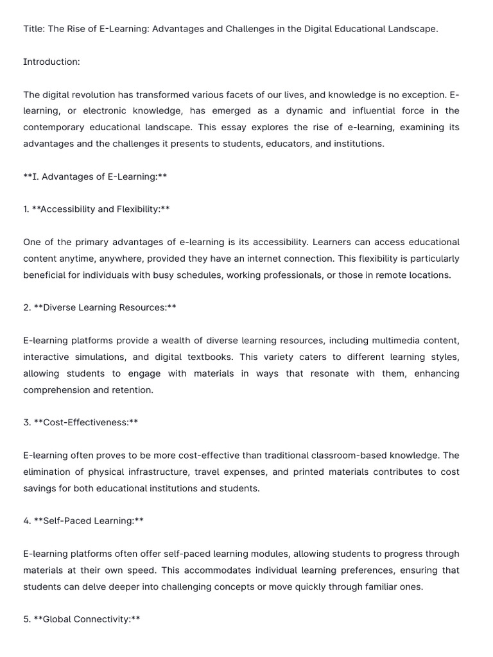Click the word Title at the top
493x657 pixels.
point(34,29)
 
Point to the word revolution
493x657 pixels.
point(97,94)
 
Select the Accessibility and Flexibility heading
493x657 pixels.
point(100,209)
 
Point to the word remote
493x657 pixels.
point(375,275)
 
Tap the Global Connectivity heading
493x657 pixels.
point(87,619)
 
